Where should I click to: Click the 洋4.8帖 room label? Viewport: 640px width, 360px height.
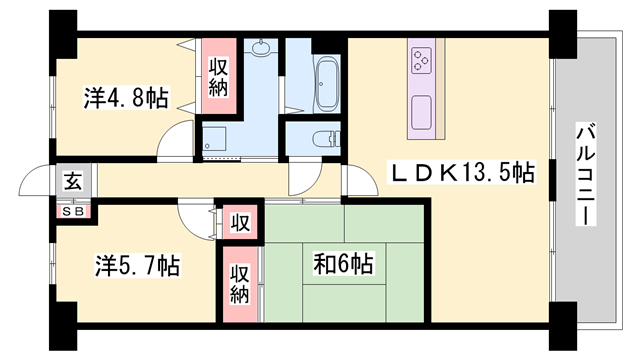click(x=124, y=99)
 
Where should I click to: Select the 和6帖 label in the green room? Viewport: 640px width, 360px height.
click(x=342, y=264)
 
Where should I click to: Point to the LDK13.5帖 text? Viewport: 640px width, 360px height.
click(x=460, y=174)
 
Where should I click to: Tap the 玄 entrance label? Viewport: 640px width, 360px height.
click(x=74, y=182)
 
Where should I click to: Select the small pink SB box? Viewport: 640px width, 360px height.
click(x=74, y=211)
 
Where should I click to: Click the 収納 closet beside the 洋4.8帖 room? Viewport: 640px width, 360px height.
click(x=220, y=77)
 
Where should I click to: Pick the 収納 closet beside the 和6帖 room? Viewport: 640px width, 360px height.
click(x=240, y=286)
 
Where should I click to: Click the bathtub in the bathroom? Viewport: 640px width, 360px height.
click(x=328, y=76)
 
